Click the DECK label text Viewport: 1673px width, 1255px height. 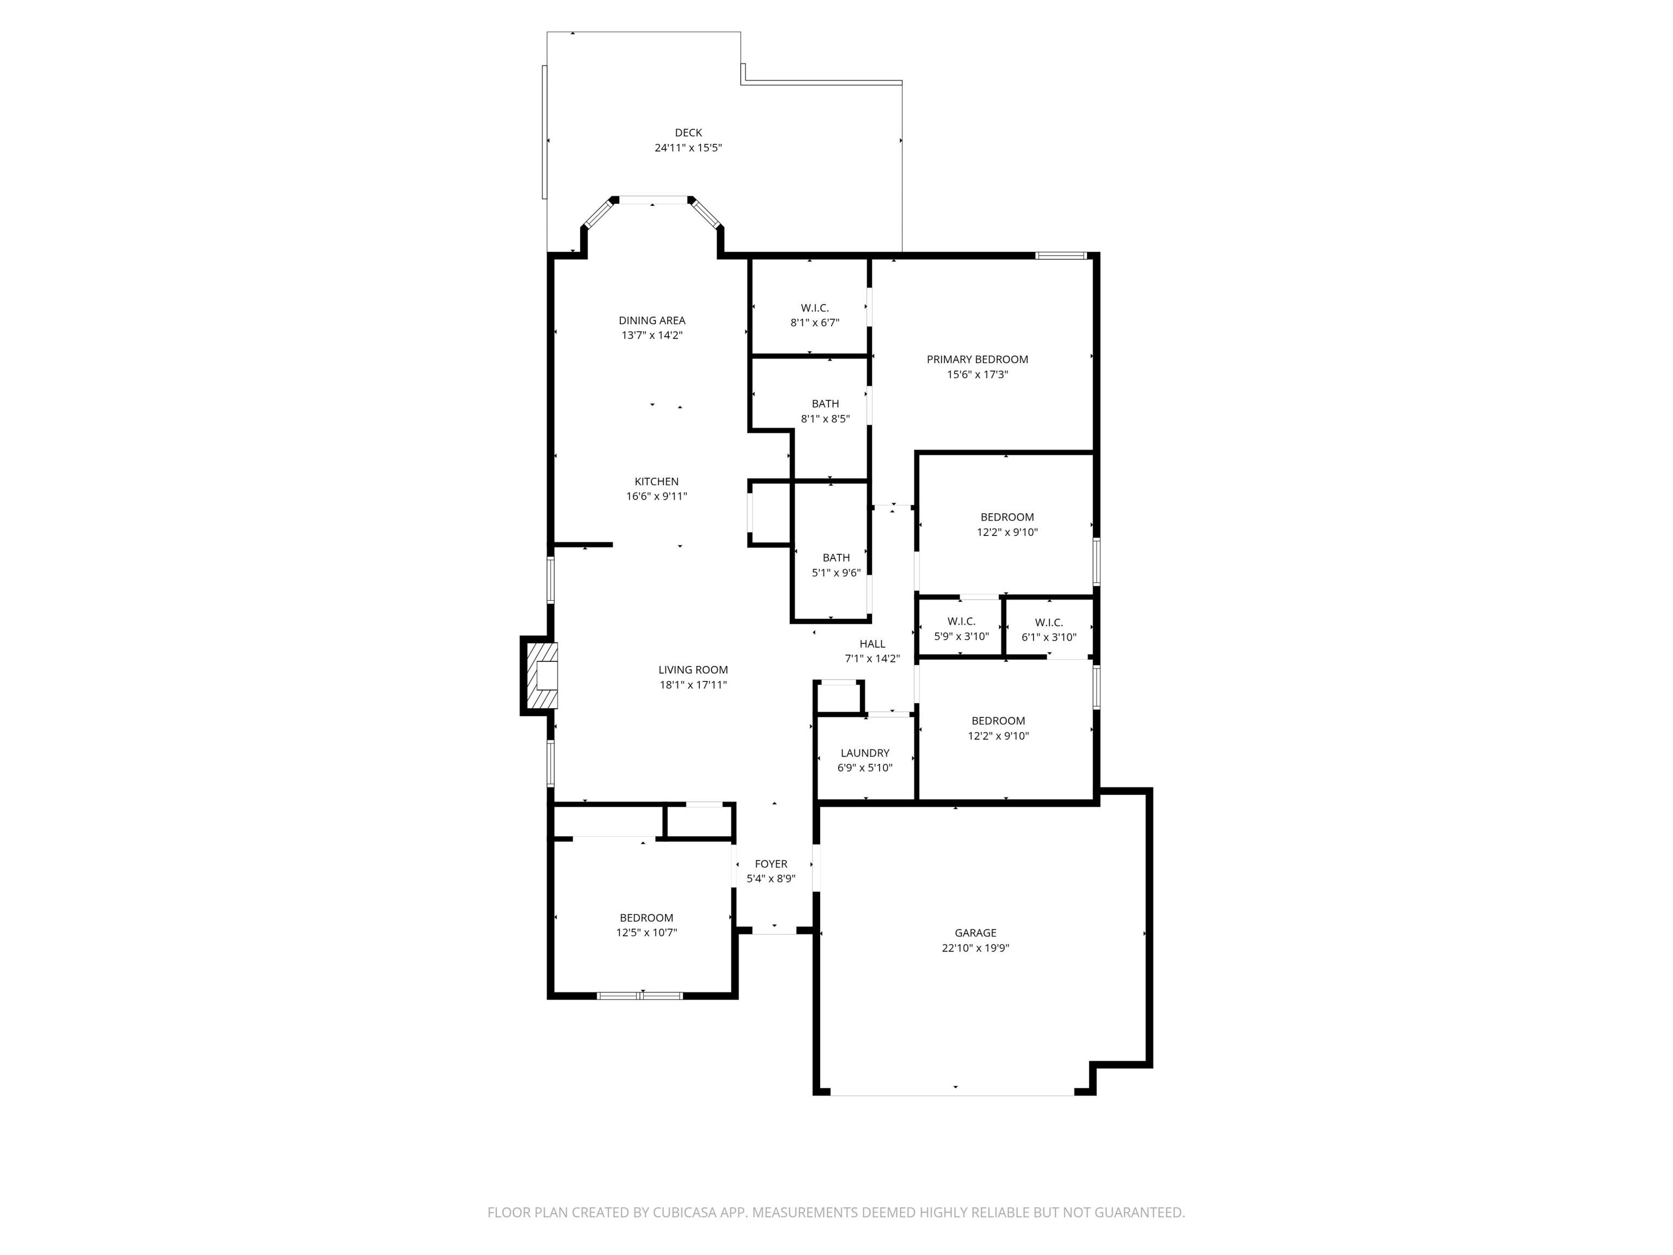[x=688, y=132]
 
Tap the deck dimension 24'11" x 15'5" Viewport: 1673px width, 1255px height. [x=688, y=148]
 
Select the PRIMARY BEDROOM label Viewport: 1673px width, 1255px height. [x=977, y=360]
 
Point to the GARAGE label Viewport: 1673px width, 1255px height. [x=975, y=933]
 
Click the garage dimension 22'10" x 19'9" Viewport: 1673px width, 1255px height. [x=975, y=948]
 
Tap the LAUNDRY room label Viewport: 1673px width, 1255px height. [x=864, y=753]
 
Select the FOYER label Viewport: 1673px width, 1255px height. [x=771, y=864]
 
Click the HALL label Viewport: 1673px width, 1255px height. [x=872, y=644]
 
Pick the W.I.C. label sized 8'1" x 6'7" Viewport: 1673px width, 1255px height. [x=815, y=308]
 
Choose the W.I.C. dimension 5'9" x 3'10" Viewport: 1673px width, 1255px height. [x=961, y=636]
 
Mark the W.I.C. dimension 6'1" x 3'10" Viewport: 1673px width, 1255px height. [x=1048, y=637]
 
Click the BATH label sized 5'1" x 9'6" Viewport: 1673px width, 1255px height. [x=836, y=558]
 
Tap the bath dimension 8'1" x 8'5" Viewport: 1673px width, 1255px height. [x=825, y=418]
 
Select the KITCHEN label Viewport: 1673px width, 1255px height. [x=656, y=481]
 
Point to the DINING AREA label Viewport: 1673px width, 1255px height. [x=652, y=320]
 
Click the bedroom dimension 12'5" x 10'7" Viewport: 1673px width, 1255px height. [x=646, y=933]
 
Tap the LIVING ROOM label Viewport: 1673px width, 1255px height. [x=693, y=669]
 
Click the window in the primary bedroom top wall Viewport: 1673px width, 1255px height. [x=1061, y=255]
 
